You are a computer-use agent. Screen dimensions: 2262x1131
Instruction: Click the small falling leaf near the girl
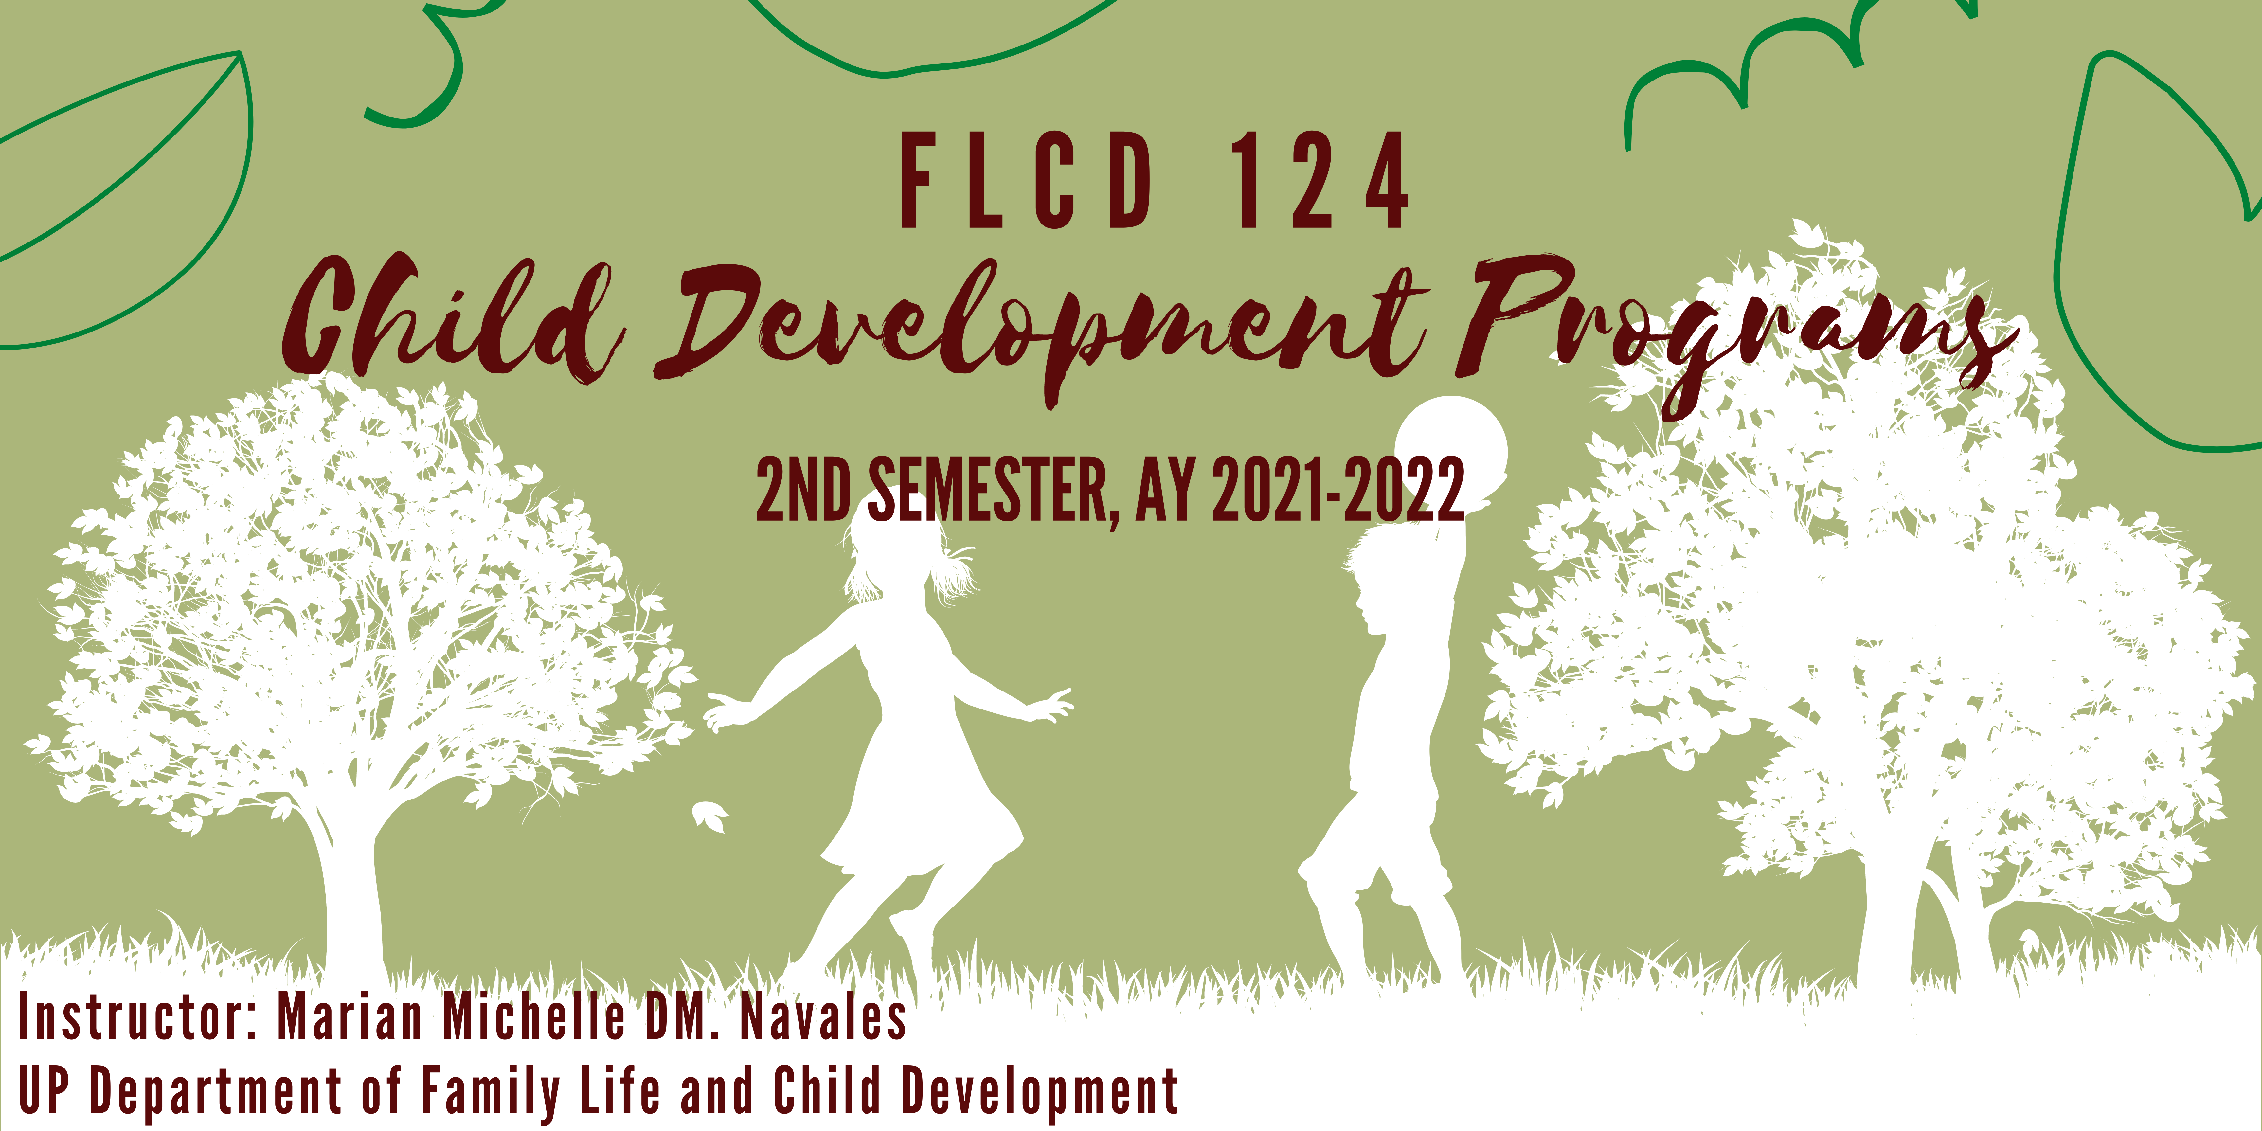coord(709,817)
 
